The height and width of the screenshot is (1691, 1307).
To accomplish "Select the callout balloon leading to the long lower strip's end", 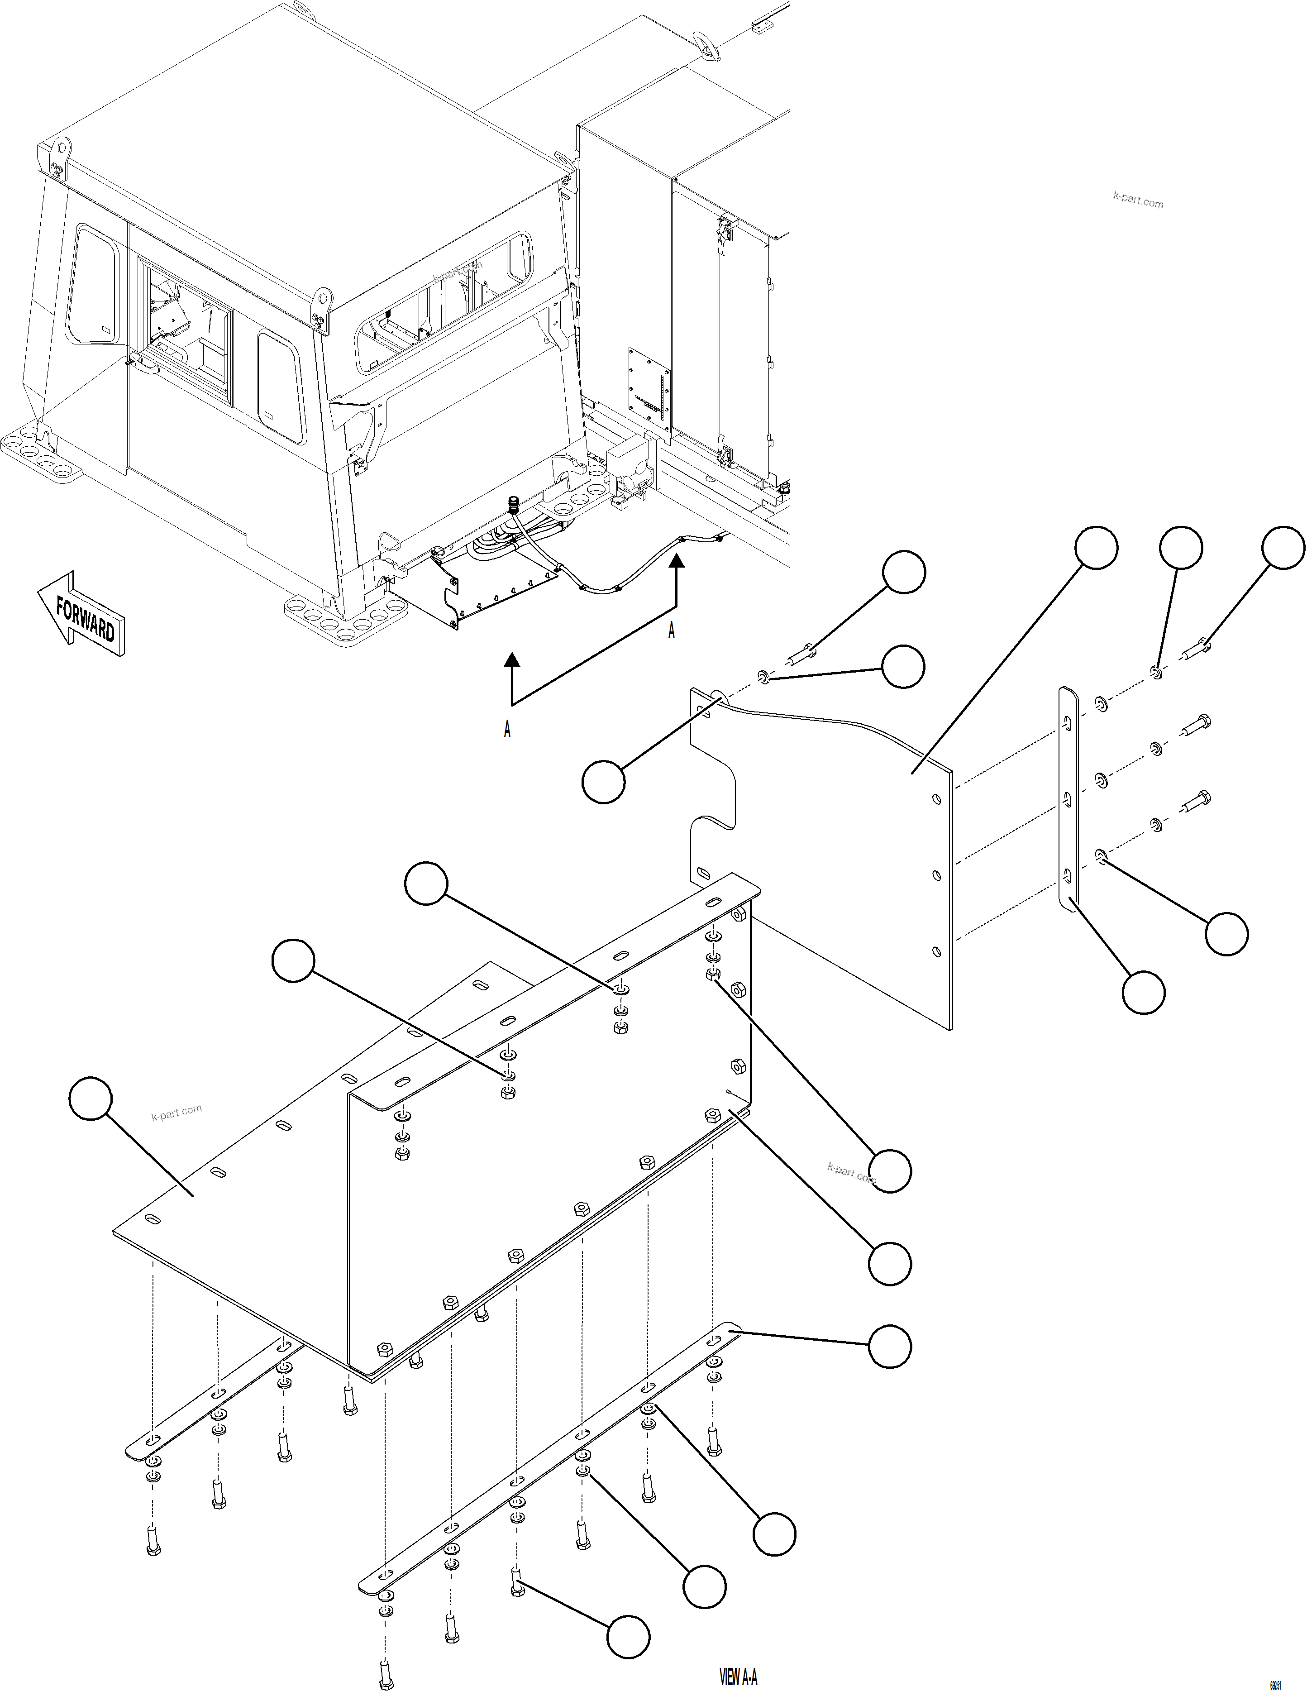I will [x=890, y=1347].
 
